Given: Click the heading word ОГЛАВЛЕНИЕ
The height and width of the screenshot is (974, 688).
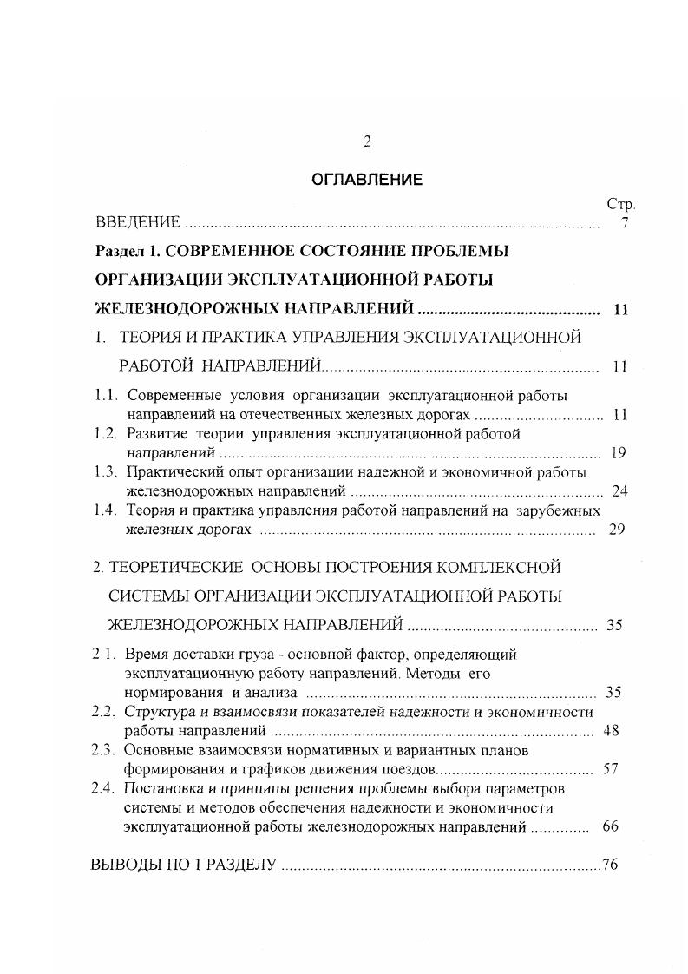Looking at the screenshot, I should (367, 181).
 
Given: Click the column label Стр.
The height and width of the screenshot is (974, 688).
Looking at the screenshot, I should (620, 205).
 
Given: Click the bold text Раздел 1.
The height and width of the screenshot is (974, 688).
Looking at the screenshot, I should (128, 251).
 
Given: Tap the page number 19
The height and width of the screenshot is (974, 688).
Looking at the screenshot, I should (619, 452).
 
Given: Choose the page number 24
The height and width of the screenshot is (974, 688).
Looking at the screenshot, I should (619, 491).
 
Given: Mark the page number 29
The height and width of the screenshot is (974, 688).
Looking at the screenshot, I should (618, 530).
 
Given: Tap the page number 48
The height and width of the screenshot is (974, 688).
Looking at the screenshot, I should (611, 731).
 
